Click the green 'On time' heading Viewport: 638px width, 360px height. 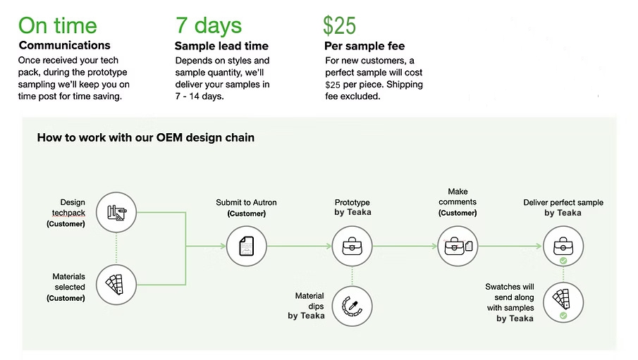point(58,25)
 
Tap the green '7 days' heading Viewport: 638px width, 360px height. point(209,25)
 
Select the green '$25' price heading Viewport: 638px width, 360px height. point(339,25)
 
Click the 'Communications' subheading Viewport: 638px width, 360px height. point(65,45)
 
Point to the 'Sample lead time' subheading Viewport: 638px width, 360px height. point(222,46)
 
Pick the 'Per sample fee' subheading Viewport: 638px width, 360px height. point(364,46)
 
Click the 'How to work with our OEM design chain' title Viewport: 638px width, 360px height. point(146,137)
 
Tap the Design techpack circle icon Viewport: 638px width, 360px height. point(116,212)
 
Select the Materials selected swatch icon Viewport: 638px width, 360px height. point(116,285)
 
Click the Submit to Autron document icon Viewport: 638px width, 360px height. point(247,246)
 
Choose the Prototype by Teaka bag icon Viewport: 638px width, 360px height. point(352,246)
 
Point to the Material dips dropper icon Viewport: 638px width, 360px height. point(352,306)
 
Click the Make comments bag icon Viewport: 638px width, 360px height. point(458,246)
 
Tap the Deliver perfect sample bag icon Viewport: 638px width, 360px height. point(563,246)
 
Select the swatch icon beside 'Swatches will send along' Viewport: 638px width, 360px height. point(563,302)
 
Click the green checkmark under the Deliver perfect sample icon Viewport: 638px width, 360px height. point(563,261)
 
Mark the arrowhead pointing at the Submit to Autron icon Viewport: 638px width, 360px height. point(223,246)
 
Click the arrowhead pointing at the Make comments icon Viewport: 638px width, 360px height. point(434,246)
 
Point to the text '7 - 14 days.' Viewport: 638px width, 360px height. point(200,97)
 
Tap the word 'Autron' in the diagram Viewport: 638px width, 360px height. point(264,202)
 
